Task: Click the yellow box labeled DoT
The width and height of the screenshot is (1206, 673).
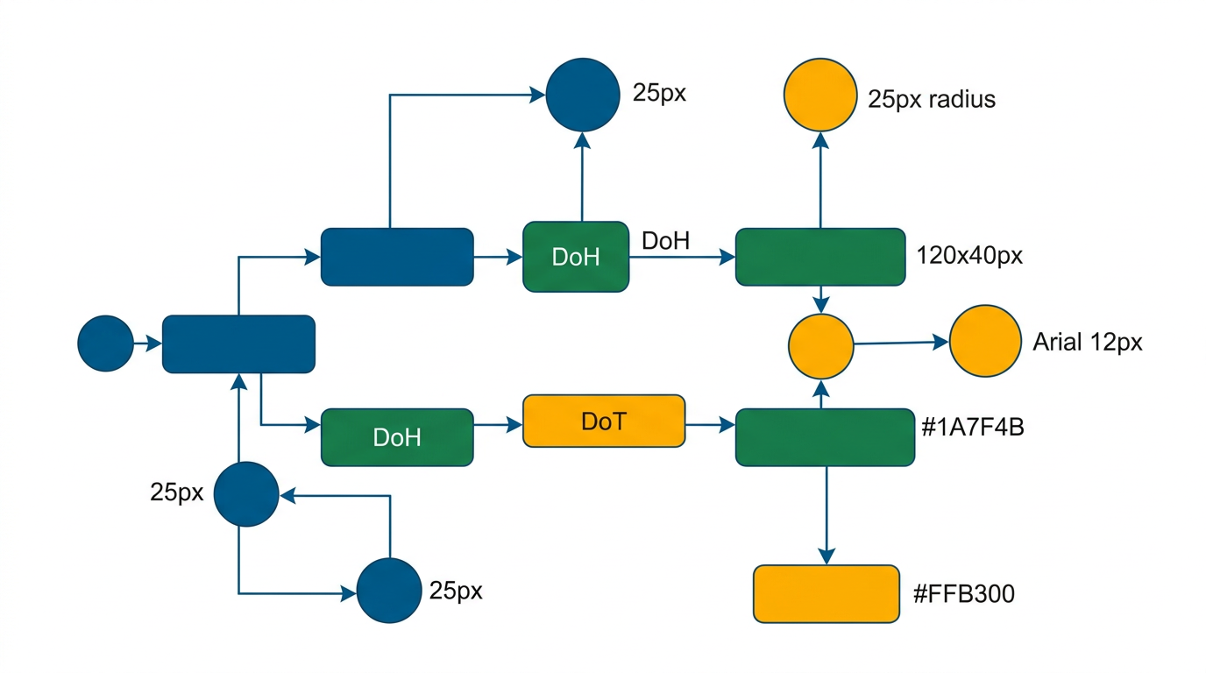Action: (603, 422)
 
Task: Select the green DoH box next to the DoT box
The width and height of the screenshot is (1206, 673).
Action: (397, 437)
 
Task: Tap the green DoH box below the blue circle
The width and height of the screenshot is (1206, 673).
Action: (575, 257)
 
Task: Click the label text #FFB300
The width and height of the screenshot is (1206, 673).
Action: (963, 594)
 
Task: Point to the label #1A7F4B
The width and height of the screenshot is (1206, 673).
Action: (974, 429)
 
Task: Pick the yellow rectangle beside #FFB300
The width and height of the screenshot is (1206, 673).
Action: (826, 594)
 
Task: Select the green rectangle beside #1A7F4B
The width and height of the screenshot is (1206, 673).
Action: (824, 436)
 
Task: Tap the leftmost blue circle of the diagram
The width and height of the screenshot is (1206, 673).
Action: (105, 344)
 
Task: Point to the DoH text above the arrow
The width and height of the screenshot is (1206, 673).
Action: (665, 241)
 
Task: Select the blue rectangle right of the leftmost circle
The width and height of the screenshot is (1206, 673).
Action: (238, 344)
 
